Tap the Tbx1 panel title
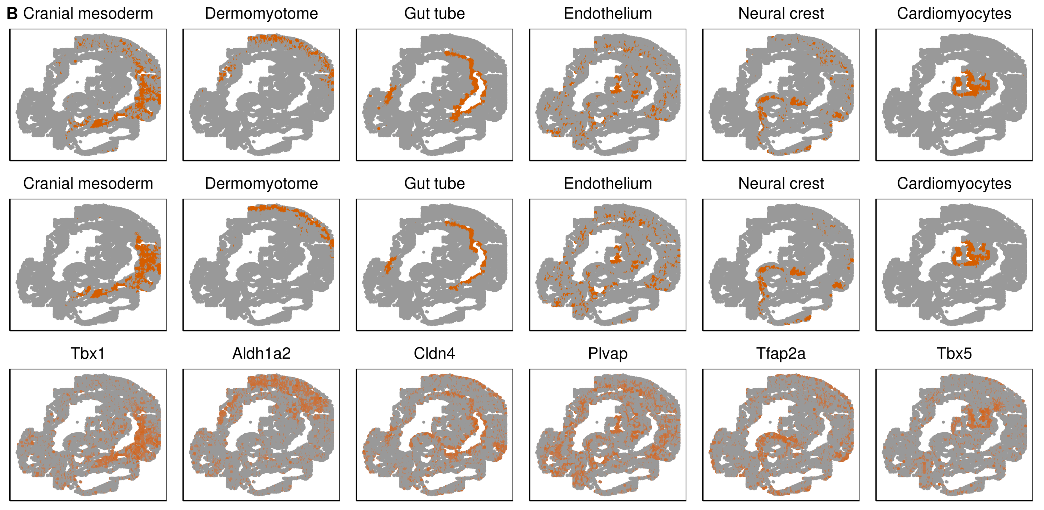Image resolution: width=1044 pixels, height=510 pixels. [88, 353]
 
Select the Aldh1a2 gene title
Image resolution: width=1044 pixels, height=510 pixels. [261, 353]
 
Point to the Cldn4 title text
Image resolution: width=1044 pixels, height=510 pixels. [434, 353]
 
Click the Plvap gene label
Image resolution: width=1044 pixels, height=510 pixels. [607, 353]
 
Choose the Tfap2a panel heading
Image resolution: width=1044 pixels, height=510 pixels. [780, 353]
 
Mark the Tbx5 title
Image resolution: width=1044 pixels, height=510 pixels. [954, 353]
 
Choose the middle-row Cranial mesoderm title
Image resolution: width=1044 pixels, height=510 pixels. [88, 183]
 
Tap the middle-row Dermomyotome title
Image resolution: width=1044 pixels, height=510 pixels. [261, 183]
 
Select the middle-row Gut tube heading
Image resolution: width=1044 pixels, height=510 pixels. [434, 183]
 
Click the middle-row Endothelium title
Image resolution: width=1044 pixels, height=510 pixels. [607, 183]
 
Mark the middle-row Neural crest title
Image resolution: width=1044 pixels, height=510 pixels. [780, 183]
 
